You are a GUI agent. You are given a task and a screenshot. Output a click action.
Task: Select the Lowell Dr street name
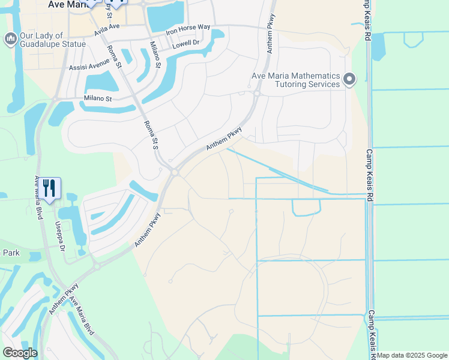[x=185, y=44]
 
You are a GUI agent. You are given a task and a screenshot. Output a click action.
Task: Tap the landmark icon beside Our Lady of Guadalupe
[x=10, y=39]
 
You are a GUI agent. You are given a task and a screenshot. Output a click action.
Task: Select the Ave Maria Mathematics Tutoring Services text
[x=296, y=80]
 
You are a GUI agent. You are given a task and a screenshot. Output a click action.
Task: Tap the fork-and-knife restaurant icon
[x=49, y=188]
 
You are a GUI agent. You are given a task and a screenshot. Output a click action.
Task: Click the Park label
[x=11, y=253]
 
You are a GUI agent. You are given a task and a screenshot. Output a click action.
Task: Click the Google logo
[x=20, y=353]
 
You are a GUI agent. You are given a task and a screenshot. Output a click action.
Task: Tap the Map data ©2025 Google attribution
[x=412, y=355]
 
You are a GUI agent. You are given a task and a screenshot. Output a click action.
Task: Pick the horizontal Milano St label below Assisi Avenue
[x=98, y=98]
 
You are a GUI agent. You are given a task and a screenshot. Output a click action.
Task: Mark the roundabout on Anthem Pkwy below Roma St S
[x=174, y=172]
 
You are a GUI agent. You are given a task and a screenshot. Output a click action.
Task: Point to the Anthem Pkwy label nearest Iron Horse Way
[x=270, y=42]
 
